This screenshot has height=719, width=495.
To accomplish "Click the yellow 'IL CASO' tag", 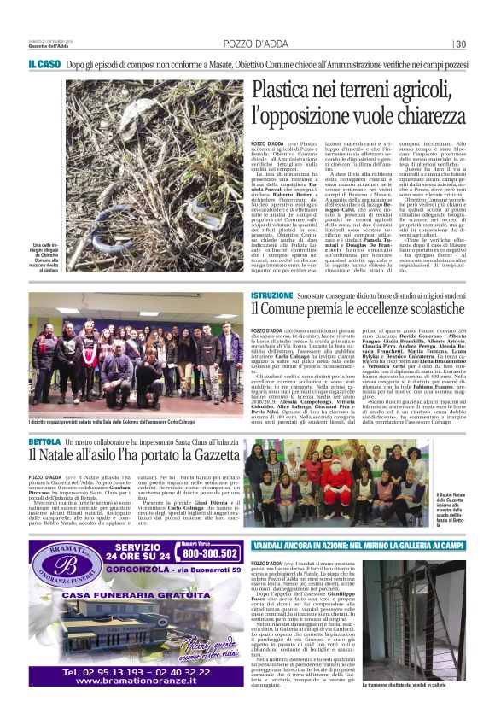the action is click(x=43, y=65).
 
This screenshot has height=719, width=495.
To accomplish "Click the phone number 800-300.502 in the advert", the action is click(x=209, y=552).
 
